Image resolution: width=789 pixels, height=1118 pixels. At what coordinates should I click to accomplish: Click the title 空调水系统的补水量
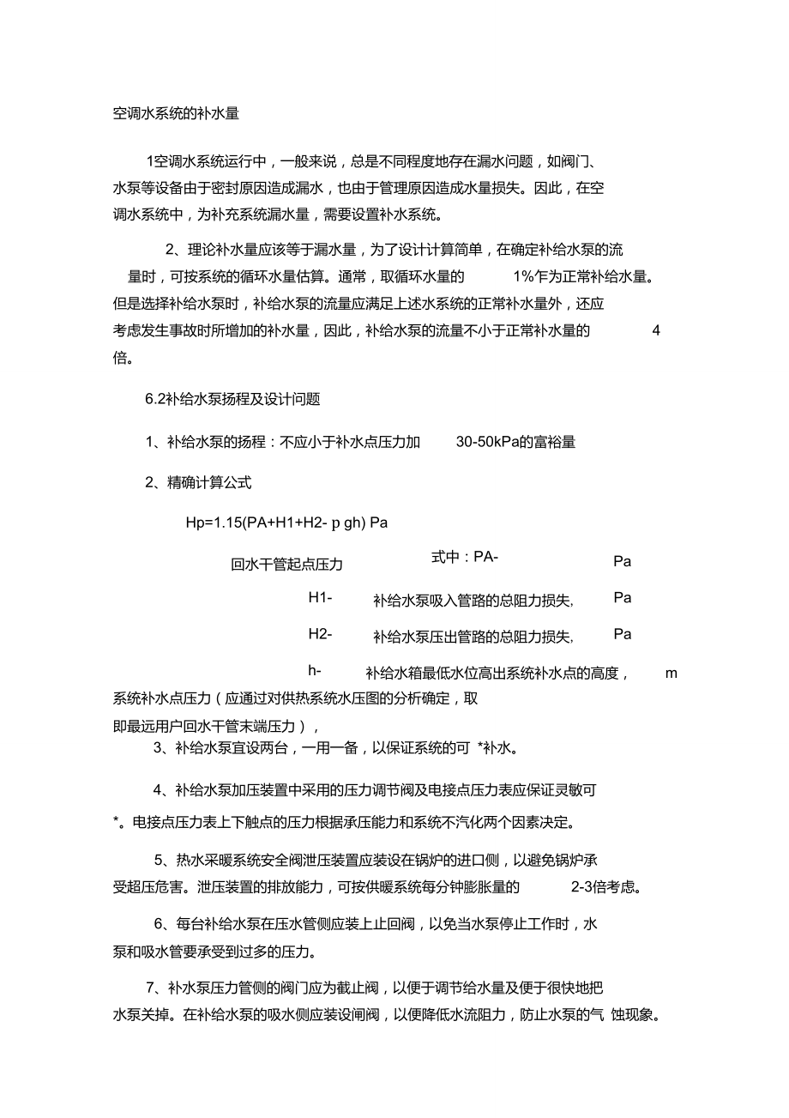[x=176, y=113]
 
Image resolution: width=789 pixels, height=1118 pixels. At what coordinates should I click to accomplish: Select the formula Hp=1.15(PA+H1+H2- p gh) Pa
[x=286, y=523]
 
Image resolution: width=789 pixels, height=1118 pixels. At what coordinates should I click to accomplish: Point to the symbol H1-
[x=320, y=598]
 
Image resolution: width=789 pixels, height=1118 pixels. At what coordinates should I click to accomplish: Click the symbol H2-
[x=320, y=634]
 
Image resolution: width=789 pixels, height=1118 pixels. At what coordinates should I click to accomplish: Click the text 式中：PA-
[x=465, y=558]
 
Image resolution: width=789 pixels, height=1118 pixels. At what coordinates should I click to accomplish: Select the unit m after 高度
[x=672, y=673]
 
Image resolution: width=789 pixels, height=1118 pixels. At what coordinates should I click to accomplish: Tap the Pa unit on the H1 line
[x=623, y=598]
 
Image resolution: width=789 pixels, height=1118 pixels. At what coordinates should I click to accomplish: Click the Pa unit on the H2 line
[x=623, y=634]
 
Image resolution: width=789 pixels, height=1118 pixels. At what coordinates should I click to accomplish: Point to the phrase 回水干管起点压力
[x=286, y=565]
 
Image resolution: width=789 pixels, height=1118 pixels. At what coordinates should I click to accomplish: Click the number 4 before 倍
[x=656, y=330]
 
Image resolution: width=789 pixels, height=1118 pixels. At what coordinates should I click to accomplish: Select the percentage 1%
[x=523, y=277]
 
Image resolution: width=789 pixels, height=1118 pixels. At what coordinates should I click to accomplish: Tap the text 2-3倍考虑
[x=605, y=886]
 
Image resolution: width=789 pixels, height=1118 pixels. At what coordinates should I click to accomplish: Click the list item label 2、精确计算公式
[x=198, y=482]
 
